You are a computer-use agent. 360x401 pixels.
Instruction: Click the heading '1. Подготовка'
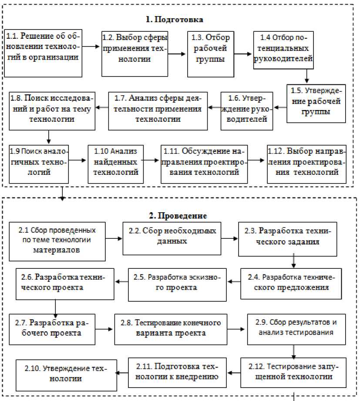tap(174, 20)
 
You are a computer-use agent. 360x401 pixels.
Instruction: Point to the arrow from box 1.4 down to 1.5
tap(307, 76)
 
